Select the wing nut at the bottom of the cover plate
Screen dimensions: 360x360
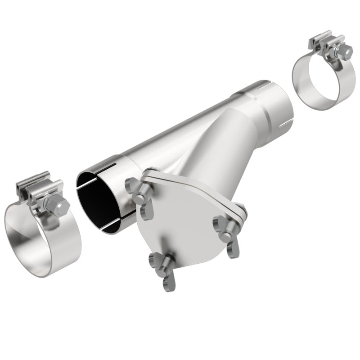click(164, 267)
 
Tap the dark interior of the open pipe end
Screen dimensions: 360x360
click(92, 202)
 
